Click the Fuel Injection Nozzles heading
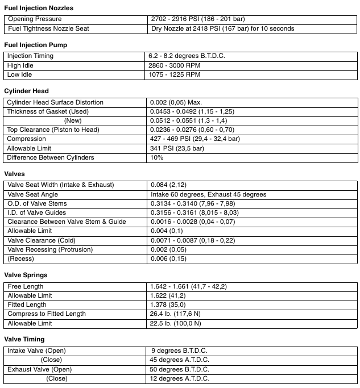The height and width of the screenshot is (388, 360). point(39,8)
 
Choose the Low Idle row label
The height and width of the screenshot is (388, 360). point(20,74)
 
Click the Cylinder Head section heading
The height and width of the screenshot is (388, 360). point(26,91)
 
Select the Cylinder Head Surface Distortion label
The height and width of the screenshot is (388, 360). point(55,102)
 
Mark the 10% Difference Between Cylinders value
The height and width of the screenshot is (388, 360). point(157,157)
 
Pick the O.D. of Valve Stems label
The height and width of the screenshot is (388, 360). point(37,203)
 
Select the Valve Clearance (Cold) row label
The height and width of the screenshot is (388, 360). point(42,240)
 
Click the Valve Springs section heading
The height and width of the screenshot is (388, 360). point(26,275)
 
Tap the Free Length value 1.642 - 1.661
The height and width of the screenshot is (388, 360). point(188,286)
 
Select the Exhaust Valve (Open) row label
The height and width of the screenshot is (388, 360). point(39,369)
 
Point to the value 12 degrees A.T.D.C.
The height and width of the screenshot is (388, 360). point(179,378)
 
